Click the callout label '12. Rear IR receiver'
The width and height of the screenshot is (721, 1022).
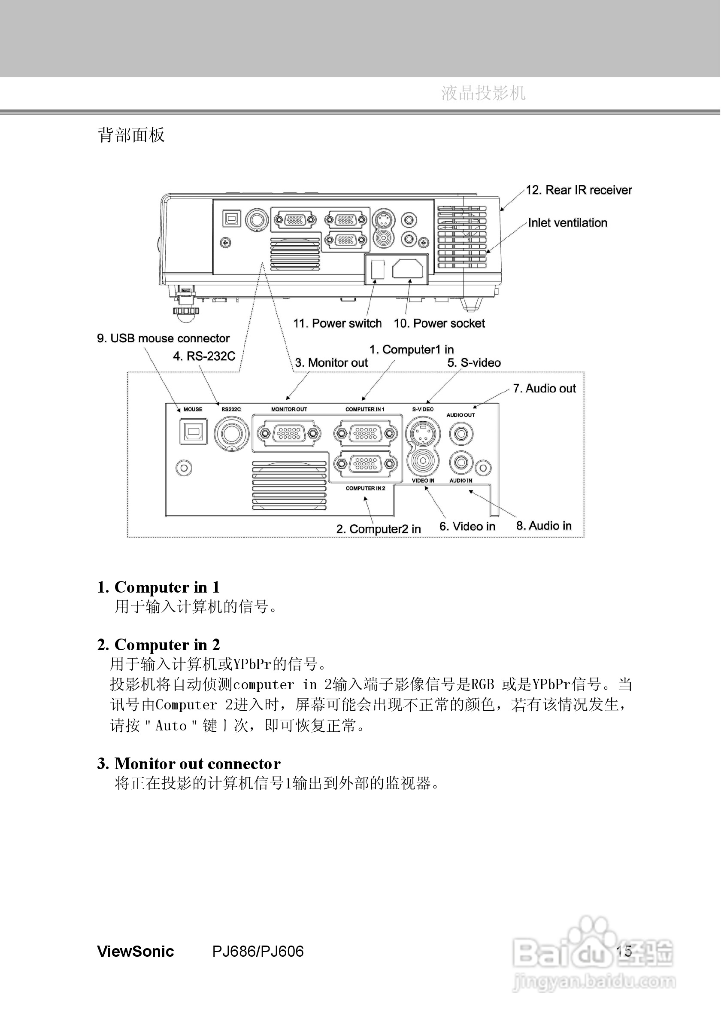click(x=578, y=190)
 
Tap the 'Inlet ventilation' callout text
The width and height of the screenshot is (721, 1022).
click(x=567, y=222)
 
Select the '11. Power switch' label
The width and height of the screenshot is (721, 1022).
click(x=337, y=323)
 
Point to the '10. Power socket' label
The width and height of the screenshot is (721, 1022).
click(x=439, y=323)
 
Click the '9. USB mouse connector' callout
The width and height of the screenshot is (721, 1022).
click(x=163, y=338)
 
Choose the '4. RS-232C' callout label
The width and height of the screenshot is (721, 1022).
click(x=204, y=356)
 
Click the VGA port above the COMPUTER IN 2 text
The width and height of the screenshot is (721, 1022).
click(x=366, y=463)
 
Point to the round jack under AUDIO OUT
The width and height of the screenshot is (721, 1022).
click(x=461, y=433)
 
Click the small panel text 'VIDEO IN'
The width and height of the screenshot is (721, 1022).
click(x=423, y=481)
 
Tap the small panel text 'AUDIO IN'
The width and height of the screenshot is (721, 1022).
click(x=461, y=481)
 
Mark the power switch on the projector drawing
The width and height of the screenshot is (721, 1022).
click(x=377, y=269)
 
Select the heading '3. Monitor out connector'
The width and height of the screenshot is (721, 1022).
click(x=188, y=764)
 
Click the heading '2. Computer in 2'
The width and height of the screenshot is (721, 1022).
click(x=158, y=645)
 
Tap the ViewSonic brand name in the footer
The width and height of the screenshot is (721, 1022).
click(x=135, y=951)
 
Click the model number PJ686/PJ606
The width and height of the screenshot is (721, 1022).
click(x=257, y=951)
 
